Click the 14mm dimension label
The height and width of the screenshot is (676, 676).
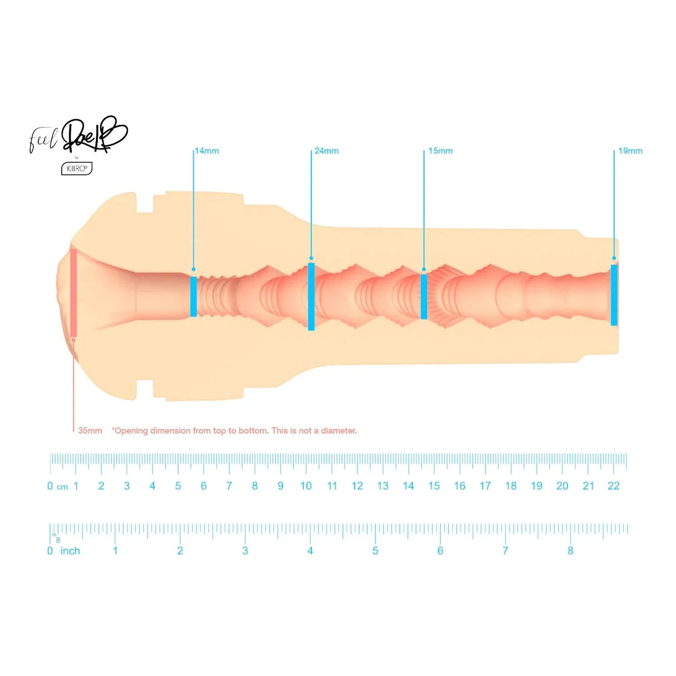(207, 151)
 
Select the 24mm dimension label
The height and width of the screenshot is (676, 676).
(326, 151)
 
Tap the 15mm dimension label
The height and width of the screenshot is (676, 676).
(440, 151)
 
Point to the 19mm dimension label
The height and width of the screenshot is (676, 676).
(630, 151)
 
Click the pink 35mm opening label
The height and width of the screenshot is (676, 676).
(90, 430)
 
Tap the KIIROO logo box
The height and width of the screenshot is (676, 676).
(76, 168)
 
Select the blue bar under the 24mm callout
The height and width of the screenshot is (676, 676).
(311, 297)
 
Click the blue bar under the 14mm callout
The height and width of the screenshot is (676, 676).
(193, 296)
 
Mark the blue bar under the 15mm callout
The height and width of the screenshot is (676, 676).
(424, 296)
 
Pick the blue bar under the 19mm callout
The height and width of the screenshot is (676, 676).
(614, 295)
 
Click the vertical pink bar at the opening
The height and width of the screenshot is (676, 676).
(73, 292)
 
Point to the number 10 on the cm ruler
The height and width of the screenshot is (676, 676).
(306, 486)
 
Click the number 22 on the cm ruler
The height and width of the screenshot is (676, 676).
(613, 486)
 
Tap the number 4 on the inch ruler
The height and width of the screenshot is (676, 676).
(310, 551)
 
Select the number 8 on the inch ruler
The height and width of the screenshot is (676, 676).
(570, 551)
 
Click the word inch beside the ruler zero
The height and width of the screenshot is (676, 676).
(70, 551)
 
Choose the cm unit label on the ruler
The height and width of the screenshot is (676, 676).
(62, 487)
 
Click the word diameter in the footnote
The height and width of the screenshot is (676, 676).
(339, 430)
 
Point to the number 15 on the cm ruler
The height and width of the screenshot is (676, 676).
(434, 486)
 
